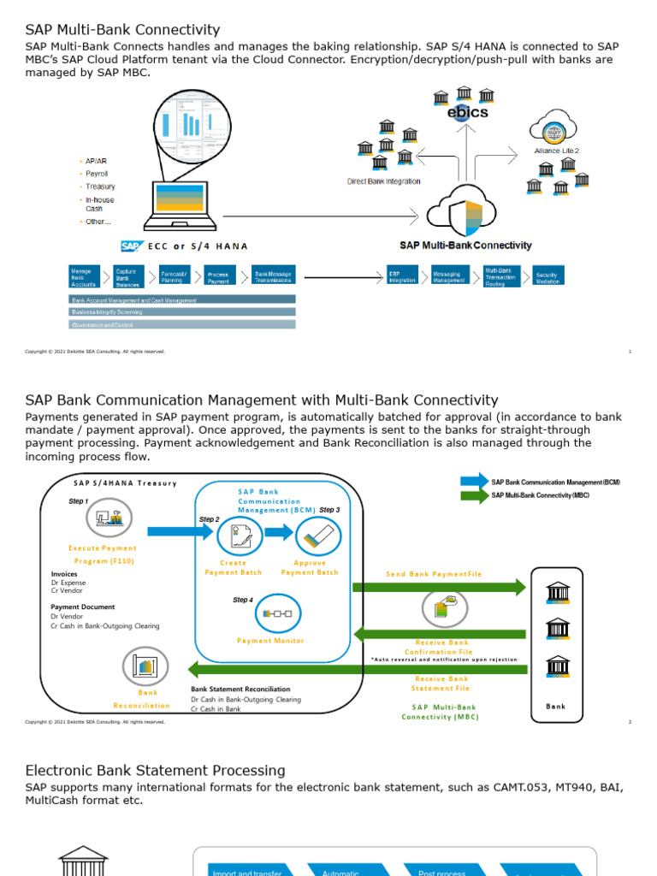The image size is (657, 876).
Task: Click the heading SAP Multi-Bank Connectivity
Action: [x=122, y=30]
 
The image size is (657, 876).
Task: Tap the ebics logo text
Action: [x=468, y=112]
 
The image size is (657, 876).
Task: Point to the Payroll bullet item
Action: [x=96, y=174]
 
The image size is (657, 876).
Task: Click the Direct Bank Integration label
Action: [x=383, y=181]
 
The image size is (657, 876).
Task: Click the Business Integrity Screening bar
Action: [x=182, y=312]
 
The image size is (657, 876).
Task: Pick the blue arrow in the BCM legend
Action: [x=474, y=482]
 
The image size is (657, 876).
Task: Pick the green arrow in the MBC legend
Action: [x=474, y=495]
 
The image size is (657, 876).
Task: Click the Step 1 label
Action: [x=78, y=501]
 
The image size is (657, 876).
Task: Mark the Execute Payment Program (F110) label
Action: [x=102, y=554]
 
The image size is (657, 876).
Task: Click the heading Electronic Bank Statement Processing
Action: [x=155, y=771]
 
